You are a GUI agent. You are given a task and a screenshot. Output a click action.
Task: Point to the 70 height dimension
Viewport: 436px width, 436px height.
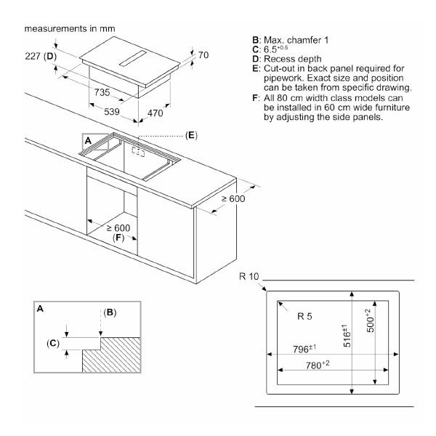coord(203,54)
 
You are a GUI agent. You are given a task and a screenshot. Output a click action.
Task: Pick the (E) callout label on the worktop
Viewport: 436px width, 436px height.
coord(190,135)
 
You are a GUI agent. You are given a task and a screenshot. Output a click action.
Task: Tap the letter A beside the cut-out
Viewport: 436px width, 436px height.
coord(88,140)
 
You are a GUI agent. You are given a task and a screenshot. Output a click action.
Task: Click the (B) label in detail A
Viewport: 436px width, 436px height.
coord(110,312)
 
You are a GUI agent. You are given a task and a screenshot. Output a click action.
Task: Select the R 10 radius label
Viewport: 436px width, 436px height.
coord(249,277)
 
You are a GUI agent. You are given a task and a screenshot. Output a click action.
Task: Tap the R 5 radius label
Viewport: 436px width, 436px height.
coord(304,315)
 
